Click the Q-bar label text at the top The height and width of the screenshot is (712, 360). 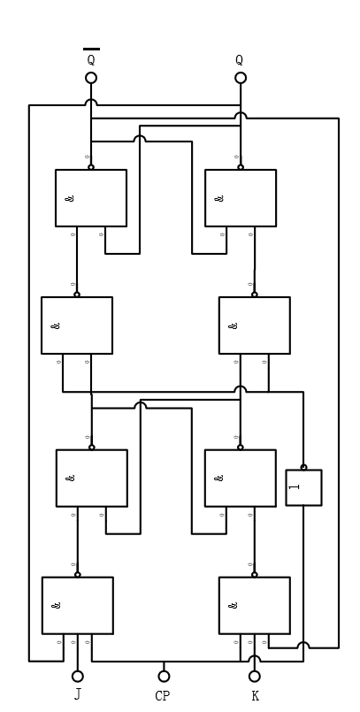[x=90, y=61]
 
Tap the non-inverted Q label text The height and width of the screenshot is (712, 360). [x=240, y=61]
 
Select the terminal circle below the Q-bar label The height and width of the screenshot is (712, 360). [x=91, y=78]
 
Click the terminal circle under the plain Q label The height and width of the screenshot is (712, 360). [x=241, y=78]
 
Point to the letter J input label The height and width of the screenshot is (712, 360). [x=78, y=695]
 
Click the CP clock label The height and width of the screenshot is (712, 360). [x=163, y=696]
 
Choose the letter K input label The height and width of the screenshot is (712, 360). [x=255, y=696]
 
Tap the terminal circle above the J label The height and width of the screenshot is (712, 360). [x=78, y=677]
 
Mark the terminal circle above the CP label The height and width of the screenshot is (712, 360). [x=164, y=677]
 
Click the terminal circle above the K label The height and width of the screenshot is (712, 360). [x=255, y=677]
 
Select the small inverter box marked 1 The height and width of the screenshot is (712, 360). [x=303, y=487]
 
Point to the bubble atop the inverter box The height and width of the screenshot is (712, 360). [x=303, y=467]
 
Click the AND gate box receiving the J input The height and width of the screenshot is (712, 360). [x=78, y=606]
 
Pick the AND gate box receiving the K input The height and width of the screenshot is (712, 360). [x=255, y=606]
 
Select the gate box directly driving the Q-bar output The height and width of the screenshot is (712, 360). [x=91, y=198]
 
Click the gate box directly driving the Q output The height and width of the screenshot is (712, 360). [x=241, y=198]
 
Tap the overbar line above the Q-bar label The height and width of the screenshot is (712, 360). [x=91, y=50]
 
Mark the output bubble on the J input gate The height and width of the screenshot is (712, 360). [x=78, y=574]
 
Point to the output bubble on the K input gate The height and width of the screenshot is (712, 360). [x=255, y=574]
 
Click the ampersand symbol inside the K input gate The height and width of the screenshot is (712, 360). [x=233, y=606]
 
